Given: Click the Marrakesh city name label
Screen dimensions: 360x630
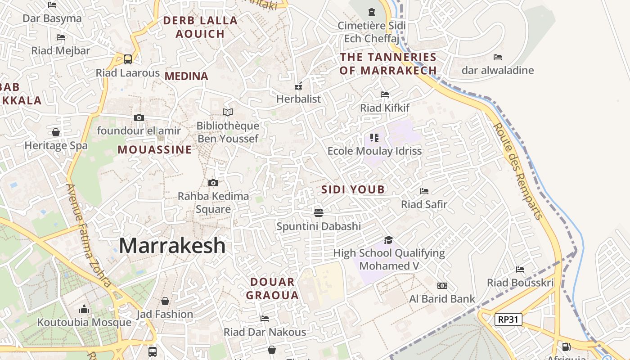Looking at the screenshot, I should point(172,246).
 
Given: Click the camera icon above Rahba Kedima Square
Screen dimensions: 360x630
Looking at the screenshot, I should point(213,183).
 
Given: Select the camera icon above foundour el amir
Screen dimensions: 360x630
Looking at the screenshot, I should point(139,117).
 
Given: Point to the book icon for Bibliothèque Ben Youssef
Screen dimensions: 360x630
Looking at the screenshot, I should point(228,112).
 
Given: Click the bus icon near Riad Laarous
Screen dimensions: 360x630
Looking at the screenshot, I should point(128,59).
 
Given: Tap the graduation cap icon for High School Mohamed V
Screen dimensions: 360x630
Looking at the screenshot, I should point(388,240).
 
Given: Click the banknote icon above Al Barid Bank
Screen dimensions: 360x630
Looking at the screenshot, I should point(442,286).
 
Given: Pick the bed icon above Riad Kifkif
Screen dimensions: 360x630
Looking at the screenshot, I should point(385,94).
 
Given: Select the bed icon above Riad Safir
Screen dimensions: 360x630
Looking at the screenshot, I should point(424,191).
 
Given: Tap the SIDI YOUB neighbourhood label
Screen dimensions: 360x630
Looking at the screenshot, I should point(353,189).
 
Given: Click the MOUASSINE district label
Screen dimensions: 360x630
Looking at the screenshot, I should point(155,150).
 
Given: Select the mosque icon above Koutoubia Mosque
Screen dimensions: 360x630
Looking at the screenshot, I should point(84,309).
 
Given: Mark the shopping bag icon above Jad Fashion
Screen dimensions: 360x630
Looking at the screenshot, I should point(165,301).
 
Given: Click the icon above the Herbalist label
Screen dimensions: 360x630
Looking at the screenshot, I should point(298,86).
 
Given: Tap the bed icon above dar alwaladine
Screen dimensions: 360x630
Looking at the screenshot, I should point(498,57).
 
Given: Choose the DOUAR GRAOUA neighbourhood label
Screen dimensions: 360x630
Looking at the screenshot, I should point(273,288).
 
